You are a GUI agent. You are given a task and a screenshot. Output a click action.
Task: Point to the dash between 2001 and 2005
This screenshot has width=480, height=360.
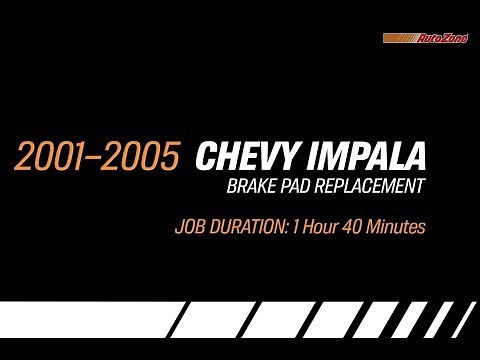(97, 158)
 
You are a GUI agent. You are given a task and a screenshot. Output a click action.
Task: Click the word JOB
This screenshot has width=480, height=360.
(187, 228)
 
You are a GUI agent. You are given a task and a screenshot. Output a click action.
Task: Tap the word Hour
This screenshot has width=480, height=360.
(319, 228)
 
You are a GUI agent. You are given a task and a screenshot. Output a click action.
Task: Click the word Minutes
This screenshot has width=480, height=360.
(398, 228)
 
